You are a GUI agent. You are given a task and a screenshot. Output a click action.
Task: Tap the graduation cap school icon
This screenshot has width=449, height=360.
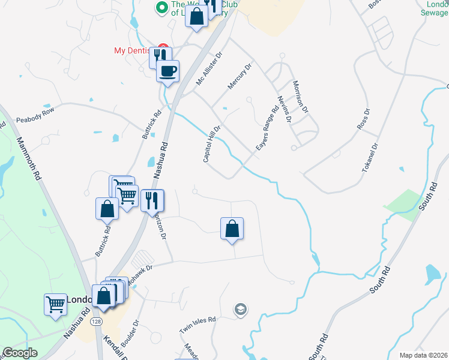241,309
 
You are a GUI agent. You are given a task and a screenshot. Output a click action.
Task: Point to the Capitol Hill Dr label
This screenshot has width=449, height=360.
212,144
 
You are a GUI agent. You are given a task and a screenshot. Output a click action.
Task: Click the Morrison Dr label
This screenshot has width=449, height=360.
300,97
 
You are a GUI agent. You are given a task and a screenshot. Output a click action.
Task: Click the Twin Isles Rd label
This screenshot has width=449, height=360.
197,326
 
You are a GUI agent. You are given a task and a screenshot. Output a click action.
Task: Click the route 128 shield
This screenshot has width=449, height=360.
96,322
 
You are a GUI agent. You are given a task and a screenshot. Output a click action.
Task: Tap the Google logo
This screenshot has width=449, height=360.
20,353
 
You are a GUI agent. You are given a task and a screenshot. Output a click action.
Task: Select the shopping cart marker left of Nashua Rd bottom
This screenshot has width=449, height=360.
55,304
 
